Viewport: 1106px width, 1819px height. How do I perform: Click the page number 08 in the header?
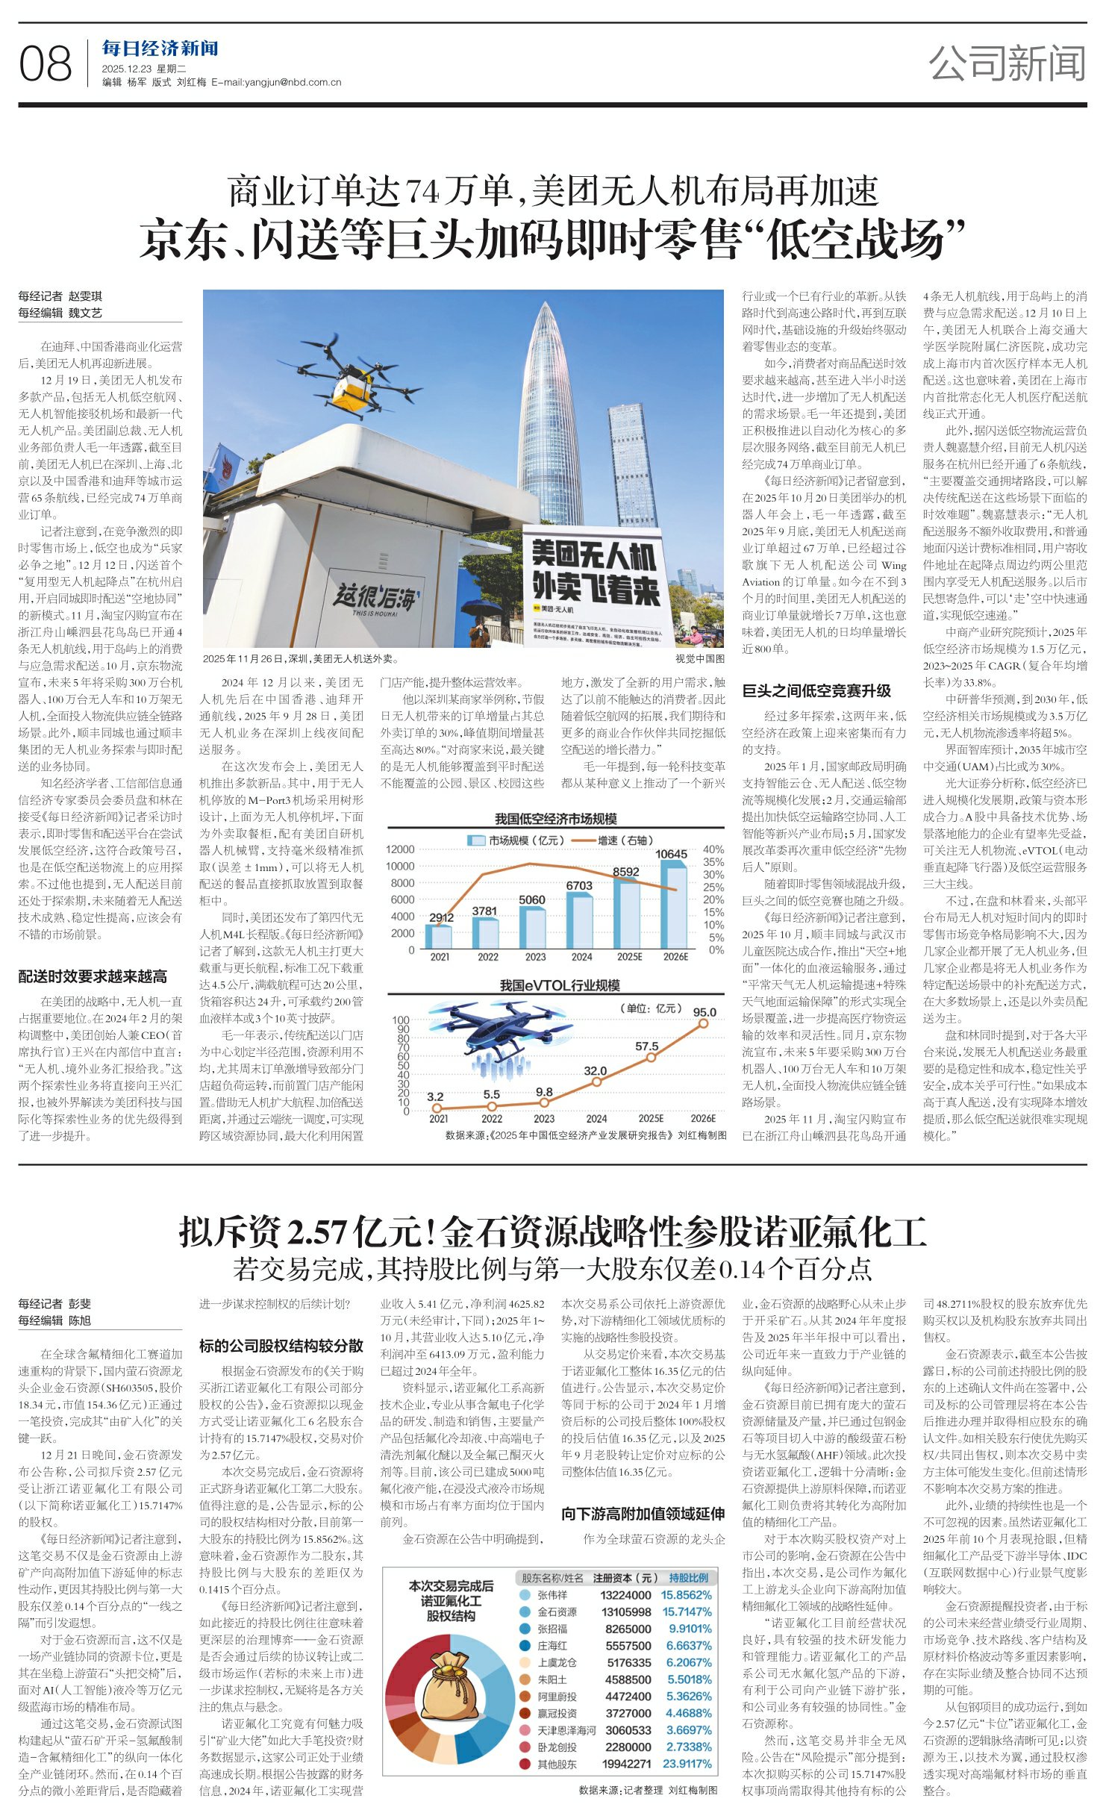tap(46, 64)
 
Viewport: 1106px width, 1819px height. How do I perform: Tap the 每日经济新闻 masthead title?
tap(160, 49)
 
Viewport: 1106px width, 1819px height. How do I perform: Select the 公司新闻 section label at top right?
tap(1007, 63)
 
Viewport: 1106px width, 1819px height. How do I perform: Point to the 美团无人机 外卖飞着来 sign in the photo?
tap(594, 572)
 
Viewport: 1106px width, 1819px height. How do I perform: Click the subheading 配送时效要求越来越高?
tap(93, 976)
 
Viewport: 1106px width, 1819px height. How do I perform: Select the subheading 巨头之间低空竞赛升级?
tap(816, 690)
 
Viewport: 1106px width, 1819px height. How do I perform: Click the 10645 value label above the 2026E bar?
tap(670, 854)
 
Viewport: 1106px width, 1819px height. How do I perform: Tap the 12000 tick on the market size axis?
tap(400, 849)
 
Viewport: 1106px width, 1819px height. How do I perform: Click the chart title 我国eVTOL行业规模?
tap(559, 985)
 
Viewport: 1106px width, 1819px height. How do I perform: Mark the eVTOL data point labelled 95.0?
tap(703, 1024)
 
